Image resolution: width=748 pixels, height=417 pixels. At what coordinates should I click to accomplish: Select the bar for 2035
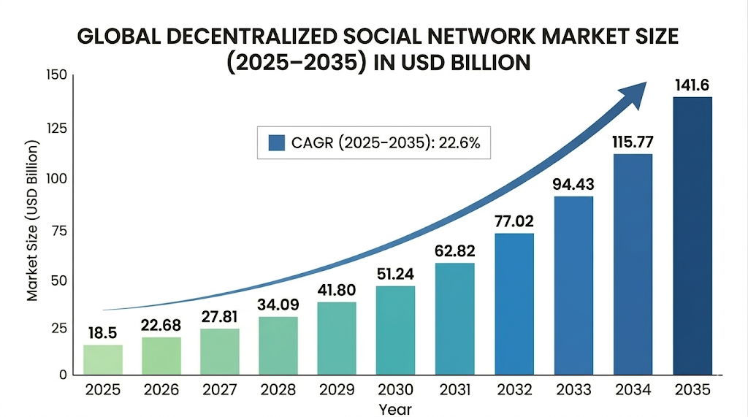click(692, 235)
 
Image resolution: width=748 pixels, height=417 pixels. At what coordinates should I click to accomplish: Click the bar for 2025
click(103, 359)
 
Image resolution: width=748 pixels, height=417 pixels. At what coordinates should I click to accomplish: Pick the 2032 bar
click(514, 304)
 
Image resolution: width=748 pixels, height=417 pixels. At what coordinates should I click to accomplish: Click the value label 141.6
click(692, 85)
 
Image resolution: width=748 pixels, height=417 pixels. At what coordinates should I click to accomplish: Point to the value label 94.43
click(573, 184)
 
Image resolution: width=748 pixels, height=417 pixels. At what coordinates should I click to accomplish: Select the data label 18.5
click(103, 333)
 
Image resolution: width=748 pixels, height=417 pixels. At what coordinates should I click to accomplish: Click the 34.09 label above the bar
click(278, 305)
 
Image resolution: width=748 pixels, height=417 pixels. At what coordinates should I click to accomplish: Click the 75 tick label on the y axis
click(59, 230)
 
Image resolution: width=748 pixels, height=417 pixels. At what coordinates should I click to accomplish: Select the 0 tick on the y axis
click(63, 375)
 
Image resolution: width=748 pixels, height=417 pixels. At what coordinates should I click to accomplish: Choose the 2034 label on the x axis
click(633, 391)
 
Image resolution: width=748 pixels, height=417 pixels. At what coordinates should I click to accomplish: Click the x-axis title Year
click(395, 409)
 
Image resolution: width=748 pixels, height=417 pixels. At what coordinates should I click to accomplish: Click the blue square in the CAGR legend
click(276, 142)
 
